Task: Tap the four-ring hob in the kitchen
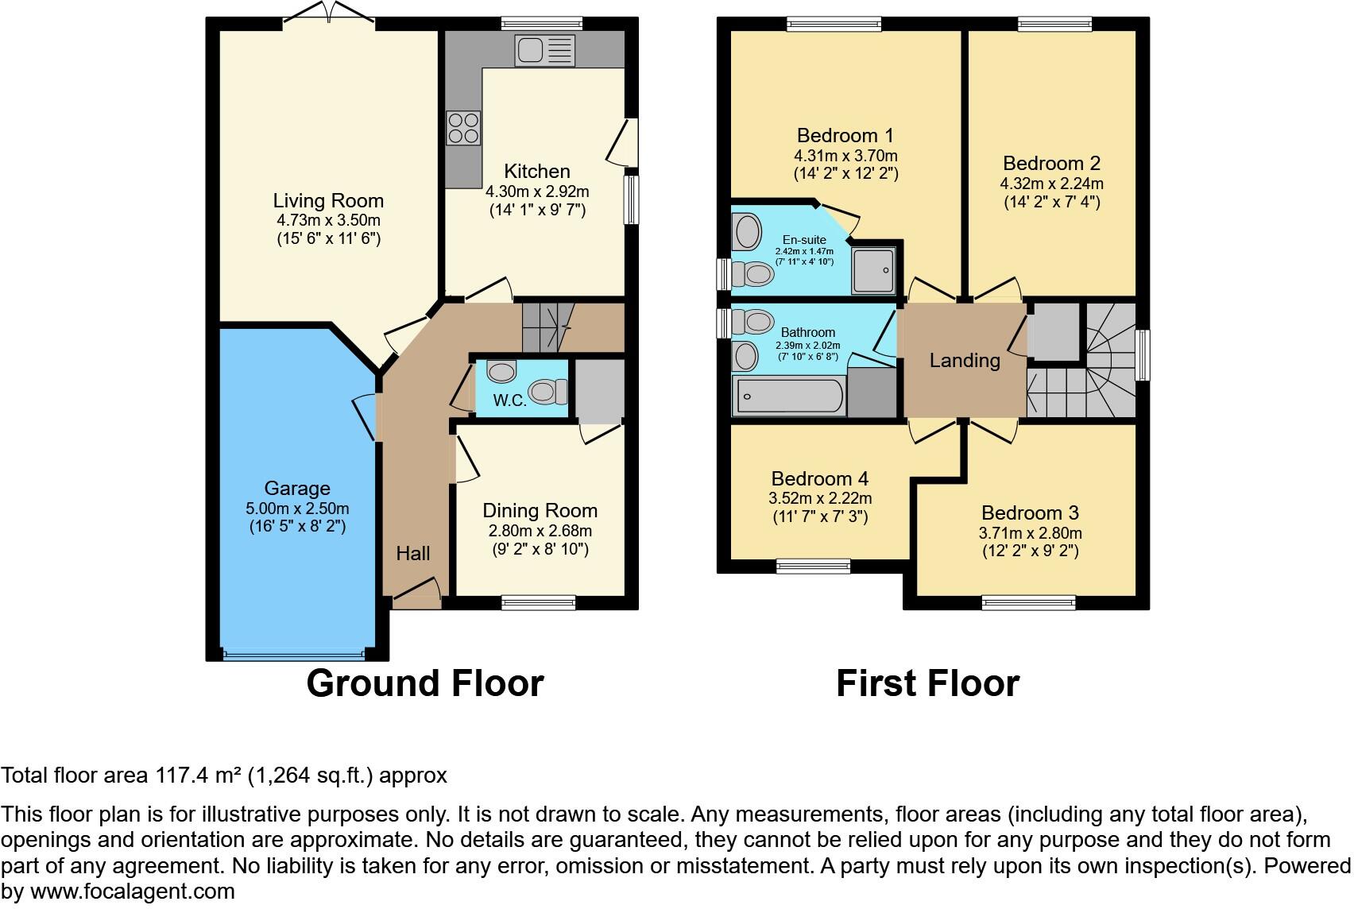click(x=463, y=128)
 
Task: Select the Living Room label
click(x=328, y=201)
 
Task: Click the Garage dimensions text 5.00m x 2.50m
click(x=297, y=509)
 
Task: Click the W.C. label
click(x=509, y=400)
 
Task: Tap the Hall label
click(x=413, y=554)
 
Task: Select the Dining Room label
click(x=540, y=511)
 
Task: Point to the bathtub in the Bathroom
click(x=790, y=396)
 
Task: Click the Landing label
click(x=965, y=361)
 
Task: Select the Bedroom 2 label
click(x=1051, y=164)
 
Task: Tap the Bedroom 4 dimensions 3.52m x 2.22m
click(x=820, y=499)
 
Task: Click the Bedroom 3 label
click(x=1030, y=513)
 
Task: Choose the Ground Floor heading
click(x=424, y=683)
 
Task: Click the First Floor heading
click(x=927, y=683)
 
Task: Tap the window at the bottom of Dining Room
click(x=539, y=603)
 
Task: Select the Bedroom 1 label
click(x=845, y=136)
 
